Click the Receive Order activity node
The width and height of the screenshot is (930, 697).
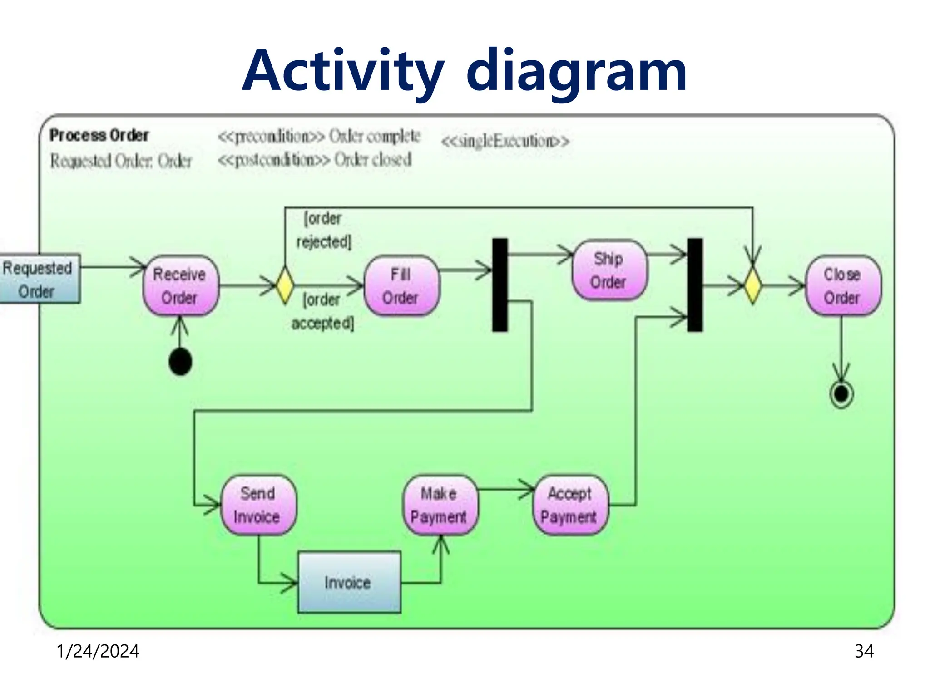point(180,285)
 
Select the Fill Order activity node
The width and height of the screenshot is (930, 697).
point(401,285)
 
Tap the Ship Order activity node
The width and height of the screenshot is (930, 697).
point(609,270)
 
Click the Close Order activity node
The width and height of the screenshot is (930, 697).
point(842,285)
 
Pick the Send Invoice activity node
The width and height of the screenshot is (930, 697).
point(258,505)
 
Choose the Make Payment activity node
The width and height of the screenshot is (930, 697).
point(439,505)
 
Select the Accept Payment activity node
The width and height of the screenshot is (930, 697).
point(570,505)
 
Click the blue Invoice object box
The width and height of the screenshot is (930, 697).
point(349,582)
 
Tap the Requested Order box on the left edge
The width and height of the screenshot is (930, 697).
point(39,279)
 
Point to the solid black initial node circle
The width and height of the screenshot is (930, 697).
point(180,362)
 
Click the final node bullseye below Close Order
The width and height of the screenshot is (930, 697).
point(841,394)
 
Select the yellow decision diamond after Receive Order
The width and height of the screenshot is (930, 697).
point(285,285)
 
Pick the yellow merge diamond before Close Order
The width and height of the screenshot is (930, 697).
point(752,286)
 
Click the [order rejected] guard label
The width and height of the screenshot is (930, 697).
point(323,230)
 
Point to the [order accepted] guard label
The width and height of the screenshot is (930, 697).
point(322,311)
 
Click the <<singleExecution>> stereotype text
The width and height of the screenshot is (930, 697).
point(505,141)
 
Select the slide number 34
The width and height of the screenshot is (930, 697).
point(864,651)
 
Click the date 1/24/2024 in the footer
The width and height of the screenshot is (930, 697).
point(98,651)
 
